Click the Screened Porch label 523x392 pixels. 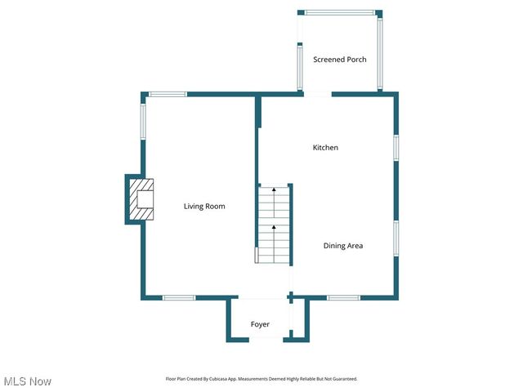click(340, 60)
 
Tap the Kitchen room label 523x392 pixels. click(325, 148)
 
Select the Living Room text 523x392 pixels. click(203, 207)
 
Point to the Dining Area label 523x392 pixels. click(343, 246)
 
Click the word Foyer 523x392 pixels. click(260, 325)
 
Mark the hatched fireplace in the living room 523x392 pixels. click(141, 199)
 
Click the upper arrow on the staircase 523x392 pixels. click(275, 189)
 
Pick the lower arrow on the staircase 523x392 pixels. click(275, 228)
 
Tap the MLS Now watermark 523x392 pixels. click(28, 381)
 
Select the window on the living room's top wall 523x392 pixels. click(168, 95)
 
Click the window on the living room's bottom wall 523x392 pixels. click(179, 297)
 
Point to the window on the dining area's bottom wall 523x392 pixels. click(343, 297)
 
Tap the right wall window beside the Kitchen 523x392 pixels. click(396, 147)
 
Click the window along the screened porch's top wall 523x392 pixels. click(340, 12)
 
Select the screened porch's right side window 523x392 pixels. click(380, 53)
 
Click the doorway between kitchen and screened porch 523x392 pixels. click(318, 95)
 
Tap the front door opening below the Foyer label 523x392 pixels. click(260, 340)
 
